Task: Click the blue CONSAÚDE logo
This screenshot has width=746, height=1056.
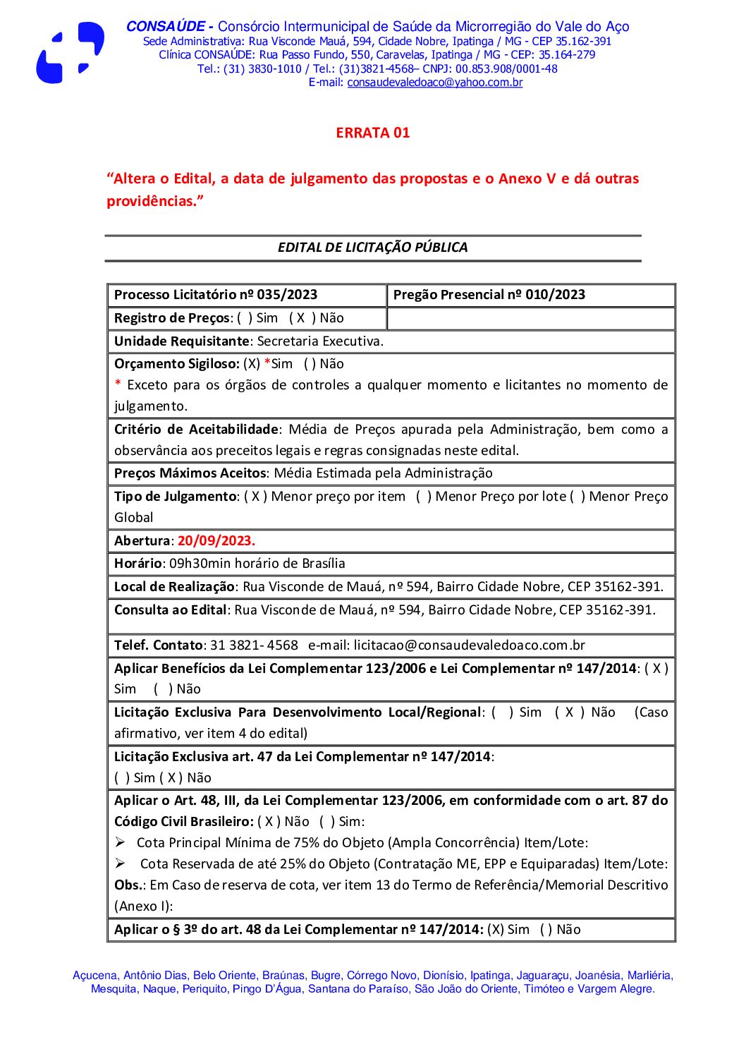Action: pos(70,53)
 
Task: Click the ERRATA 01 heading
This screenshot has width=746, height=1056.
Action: pos(372,133)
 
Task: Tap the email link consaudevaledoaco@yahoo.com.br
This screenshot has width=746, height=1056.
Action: pos(434,83)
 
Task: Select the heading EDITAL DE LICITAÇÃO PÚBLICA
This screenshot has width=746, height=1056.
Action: pos(372,247)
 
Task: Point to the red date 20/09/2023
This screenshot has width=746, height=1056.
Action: pos(216,540)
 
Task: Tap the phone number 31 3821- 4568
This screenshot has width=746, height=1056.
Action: pos(254,645)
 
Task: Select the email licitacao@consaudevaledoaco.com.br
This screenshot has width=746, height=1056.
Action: pos(470,645)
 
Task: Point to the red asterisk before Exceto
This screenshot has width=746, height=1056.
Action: pos(118,385)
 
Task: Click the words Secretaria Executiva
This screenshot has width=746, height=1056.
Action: pos(320,341)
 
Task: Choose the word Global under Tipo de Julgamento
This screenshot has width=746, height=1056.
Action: pos(133,517)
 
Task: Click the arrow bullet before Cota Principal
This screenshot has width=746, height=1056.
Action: pos(121,842)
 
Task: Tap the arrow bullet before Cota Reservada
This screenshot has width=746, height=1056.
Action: pos(121,863)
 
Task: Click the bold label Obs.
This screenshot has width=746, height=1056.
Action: pos(129,885)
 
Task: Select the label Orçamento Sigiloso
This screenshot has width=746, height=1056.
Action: pos(176,364)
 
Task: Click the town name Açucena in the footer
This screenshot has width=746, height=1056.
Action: pos(94,976)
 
